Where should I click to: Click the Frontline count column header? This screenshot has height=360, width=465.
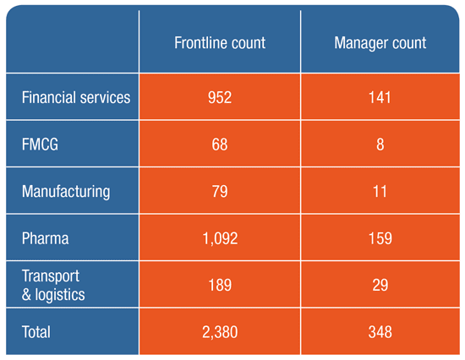click(x=220, y=43)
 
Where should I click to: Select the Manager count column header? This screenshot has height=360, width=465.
click(x=380, y=43)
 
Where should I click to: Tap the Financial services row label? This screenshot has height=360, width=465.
click(x=76, y=97)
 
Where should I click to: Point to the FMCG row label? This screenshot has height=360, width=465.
click(x=40, y=145)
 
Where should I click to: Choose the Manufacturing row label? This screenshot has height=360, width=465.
click(x=66, y=192)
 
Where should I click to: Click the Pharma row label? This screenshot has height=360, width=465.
click(x=45, y=238)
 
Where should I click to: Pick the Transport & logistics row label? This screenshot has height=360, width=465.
click(x=53, y=285)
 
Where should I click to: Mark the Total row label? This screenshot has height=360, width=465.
click(x=36, y=332)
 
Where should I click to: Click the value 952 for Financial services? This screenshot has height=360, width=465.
click(x=220, y=97)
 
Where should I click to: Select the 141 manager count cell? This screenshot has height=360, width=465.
click(x=380, y=97)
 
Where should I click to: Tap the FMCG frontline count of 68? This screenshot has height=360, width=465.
click(x=220, y=145)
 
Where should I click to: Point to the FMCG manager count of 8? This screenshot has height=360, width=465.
click(x=380, y=145)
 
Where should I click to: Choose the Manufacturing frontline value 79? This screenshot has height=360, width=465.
click(x=220, y=191)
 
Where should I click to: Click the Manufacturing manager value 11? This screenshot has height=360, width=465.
click(x=380, y=191)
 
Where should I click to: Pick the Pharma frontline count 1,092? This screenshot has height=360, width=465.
click(x=220, y=238)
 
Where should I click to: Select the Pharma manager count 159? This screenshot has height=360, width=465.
click(x=380, y=238)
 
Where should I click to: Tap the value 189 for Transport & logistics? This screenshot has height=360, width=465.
click(x=220, y=285)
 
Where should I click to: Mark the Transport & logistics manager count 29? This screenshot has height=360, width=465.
click(x=380, y=285)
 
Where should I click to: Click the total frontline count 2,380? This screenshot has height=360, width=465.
click(x=220, y=332)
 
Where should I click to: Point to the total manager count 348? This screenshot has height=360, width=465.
click(x=380, y=332)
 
